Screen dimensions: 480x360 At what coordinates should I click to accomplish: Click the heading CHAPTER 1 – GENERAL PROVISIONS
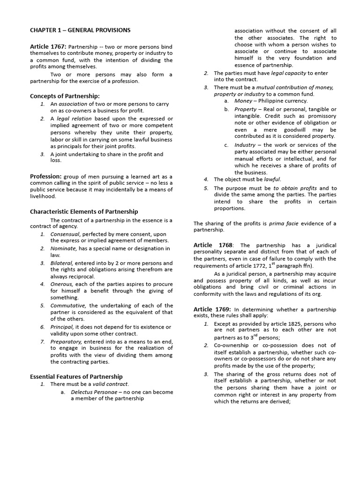coord(80,30)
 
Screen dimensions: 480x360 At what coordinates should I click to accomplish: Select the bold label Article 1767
coord(48,46)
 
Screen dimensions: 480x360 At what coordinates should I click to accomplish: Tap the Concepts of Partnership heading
coord(65,96)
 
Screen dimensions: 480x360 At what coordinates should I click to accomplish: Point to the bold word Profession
coord(46,176)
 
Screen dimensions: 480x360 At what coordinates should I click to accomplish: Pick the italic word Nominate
coord(63,248)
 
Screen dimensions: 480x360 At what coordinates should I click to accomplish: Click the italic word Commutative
coord(68,305)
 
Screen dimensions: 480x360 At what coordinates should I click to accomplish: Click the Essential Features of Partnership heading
coord(76,376)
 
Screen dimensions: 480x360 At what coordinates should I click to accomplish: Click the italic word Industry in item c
coord(245,145)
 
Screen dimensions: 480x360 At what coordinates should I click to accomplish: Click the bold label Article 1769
coord(212,309)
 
